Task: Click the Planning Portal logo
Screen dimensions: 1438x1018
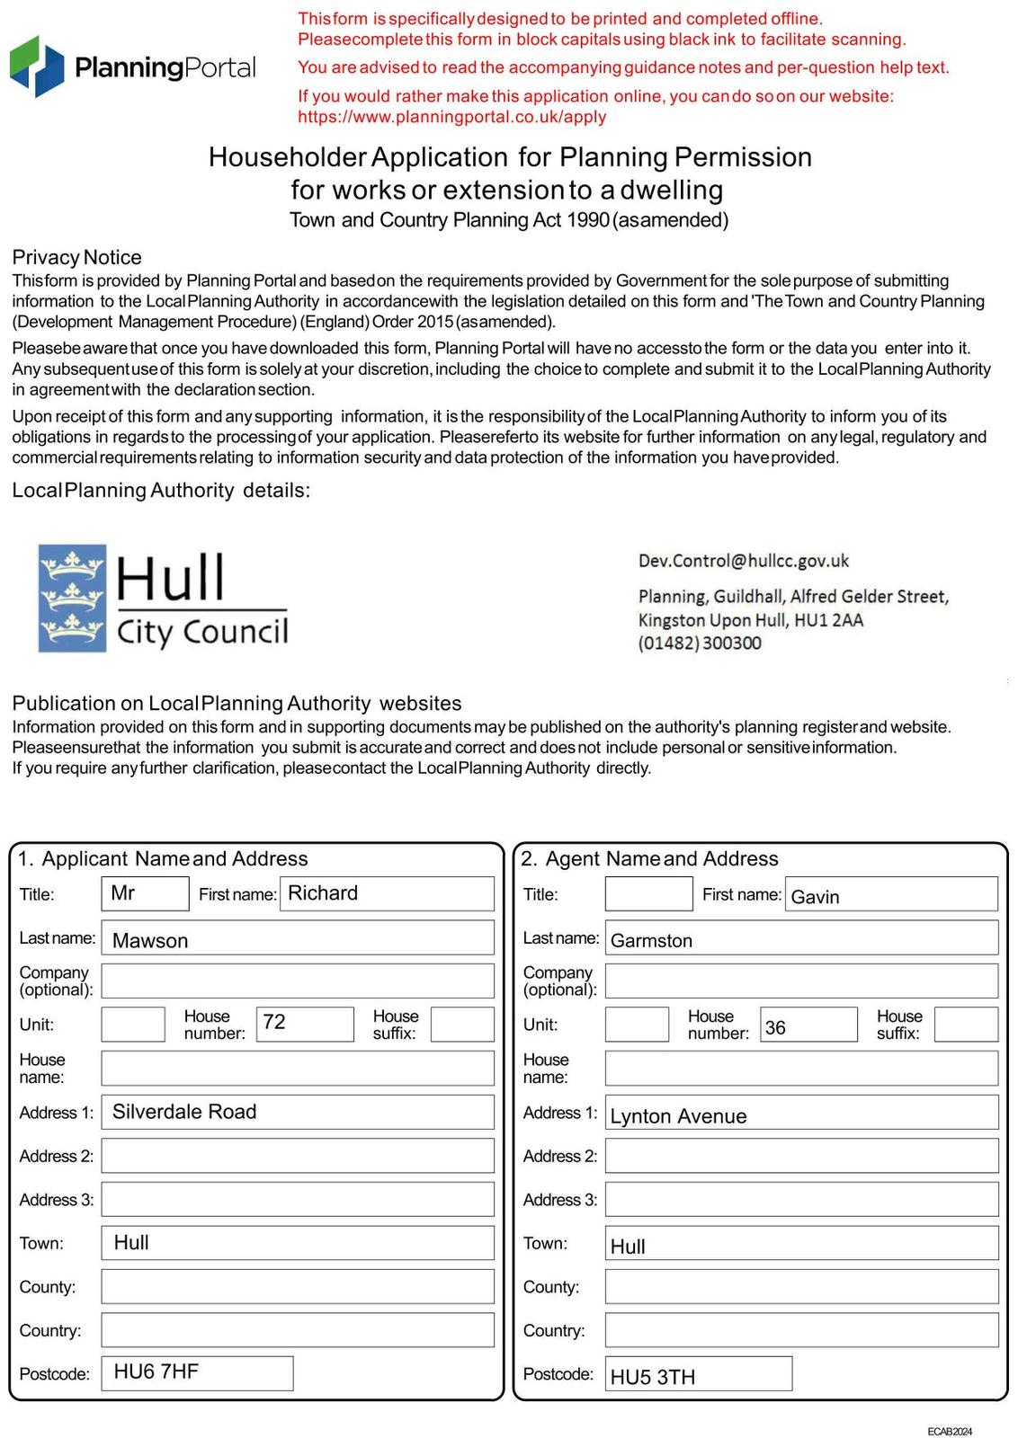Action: click(132, 67)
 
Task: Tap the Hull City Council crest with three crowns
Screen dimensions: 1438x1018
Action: click(72, 598)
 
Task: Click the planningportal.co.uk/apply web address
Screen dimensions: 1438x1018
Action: click(451, 117)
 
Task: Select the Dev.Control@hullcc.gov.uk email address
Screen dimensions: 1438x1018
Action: click(743, 561)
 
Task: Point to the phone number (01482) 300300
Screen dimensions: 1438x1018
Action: click(700, 644)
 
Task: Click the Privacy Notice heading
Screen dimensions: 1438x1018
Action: click(76, 257)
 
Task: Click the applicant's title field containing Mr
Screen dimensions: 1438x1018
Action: click(145, 893)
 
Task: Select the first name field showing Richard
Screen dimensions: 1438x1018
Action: click(387, 893)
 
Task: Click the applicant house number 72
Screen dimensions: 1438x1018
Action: click(304, 1024)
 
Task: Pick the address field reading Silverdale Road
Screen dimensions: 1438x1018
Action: click(298, 1112)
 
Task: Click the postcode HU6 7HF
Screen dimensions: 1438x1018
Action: click(197, 1372)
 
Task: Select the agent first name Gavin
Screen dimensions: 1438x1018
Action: click(890, 894)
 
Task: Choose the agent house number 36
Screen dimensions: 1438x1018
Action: click(808, 1025)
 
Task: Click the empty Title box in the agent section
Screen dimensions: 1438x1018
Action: click(648, 893)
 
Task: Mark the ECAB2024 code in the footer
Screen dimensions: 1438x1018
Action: click(950, 1431)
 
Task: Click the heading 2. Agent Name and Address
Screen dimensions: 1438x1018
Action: click(649, 858)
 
